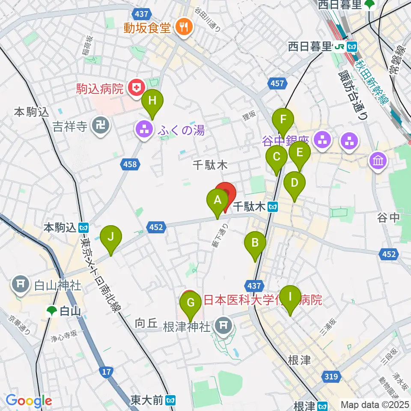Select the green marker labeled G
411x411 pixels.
[191, 304]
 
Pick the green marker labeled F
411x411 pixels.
[283, 119]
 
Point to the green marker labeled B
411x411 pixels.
[255, 244]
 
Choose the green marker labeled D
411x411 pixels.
[294, 183]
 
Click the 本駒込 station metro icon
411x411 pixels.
[84, 227]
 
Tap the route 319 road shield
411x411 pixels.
[334, 377]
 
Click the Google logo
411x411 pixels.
[29, 401]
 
